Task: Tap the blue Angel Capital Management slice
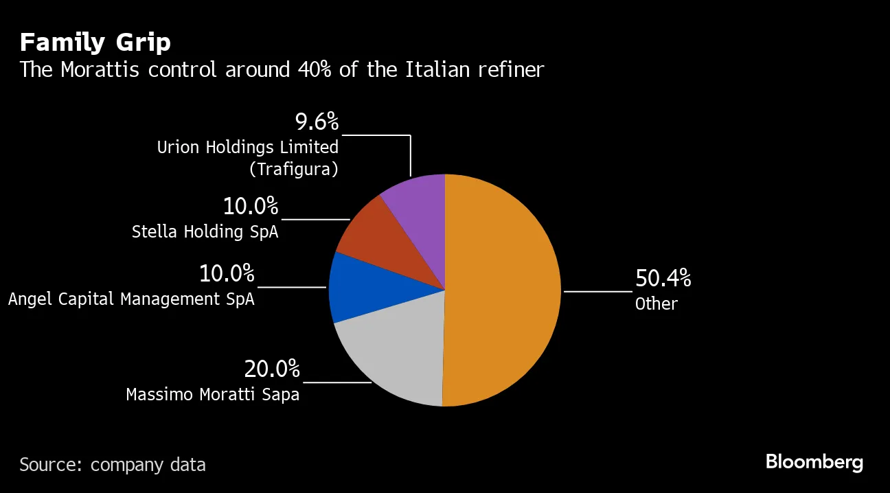pos(364,288)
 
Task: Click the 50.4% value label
pos(663,278)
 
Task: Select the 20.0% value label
pos(272,369)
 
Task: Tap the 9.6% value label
pos(317,122)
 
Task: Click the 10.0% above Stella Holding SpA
pos(251,206)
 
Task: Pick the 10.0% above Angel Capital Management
pos(227,274)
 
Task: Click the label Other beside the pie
pos(656,304)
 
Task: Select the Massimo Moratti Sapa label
pos(213,395)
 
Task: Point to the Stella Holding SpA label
pos(205,232)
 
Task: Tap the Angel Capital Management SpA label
pos(131,299)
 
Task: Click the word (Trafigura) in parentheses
pos(293,169)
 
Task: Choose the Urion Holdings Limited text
pos(247,147)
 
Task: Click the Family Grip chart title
pos(95,43)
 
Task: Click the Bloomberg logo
pos(814,462)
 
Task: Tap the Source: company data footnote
pos(112,465)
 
